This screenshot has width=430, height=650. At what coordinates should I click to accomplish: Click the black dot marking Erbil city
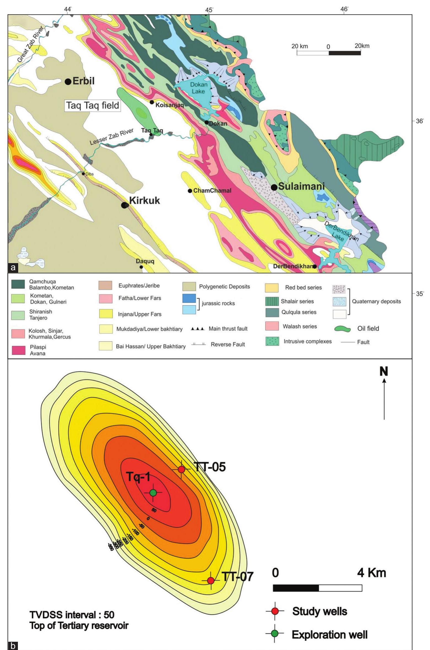point(68,81)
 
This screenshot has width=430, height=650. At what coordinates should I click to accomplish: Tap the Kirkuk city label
point(144,201)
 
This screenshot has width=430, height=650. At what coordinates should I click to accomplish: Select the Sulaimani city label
point(301,186)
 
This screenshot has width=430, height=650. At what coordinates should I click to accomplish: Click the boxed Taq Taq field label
point(93,105)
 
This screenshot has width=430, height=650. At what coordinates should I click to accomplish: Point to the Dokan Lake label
point(198,88)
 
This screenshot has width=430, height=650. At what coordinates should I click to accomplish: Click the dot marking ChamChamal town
point(190,191)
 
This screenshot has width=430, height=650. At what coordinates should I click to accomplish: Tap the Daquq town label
point(145,261)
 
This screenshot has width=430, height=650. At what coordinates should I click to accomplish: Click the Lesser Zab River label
point(112,137)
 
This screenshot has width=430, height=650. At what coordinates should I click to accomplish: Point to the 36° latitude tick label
point(420,121)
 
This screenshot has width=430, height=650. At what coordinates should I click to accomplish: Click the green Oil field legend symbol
point(342,329)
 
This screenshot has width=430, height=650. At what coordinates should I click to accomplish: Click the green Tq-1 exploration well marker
point(153,493)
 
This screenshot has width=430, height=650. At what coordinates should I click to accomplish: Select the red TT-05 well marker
point(181,469)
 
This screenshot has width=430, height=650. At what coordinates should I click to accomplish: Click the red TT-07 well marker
point(211,581)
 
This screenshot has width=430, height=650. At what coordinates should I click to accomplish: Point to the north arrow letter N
point(384,372)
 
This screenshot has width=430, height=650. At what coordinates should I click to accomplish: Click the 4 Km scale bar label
point(371,573)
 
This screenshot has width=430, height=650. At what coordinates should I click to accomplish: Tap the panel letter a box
point(13,267)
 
